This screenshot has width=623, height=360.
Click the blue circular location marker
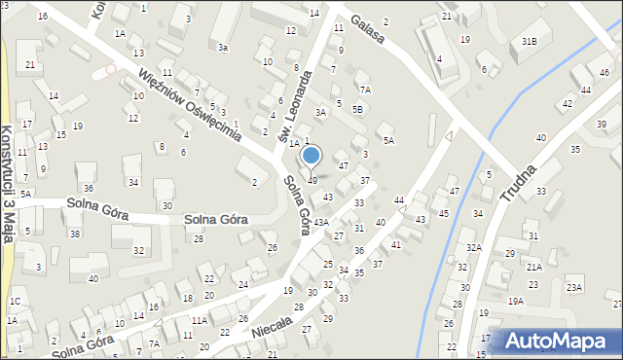[x=311, y=155]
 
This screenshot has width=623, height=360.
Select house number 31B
[x=530, y=41]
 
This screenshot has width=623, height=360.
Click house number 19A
[x=516, y=302]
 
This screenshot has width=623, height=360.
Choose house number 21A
[x=534, y=267]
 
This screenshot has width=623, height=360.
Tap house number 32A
[x=474, y=248]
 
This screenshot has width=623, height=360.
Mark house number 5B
[x=357, y=109]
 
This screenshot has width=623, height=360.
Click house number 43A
[x=320, y=223]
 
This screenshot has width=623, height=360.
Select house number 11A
[x=199, y=320]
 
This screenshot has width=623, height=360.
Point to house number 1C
[x=15, y=302]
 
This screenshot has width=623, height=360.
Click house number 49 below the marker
[x=312, y=180]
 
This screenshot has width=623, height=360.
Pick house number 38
[x=74, y=234]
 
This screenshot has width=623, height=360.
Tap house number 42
[x=585, y=90]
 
